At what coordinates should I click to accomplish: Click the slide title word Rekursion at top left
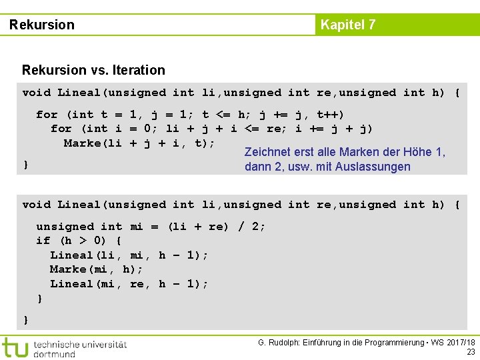coord(42,25)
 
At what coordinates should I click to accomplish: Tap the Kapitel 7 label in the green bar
coord(348,25)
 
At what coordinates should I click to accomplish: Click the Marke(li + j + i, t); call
coord(139,143)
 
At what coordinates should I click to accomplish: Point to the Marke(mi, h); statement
coord(96,269)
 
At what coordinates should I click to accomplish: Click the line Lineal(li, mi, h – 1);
coord(129,255)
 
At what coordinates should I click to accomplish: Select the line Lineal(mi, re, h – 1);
coord(129,284)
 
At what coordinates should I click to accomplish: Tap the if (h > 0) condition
coord(79,241)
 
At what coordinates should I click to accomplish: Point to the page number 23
coord(471,351)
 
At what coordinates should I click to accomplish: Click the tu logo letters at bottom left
coord(15,347)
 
